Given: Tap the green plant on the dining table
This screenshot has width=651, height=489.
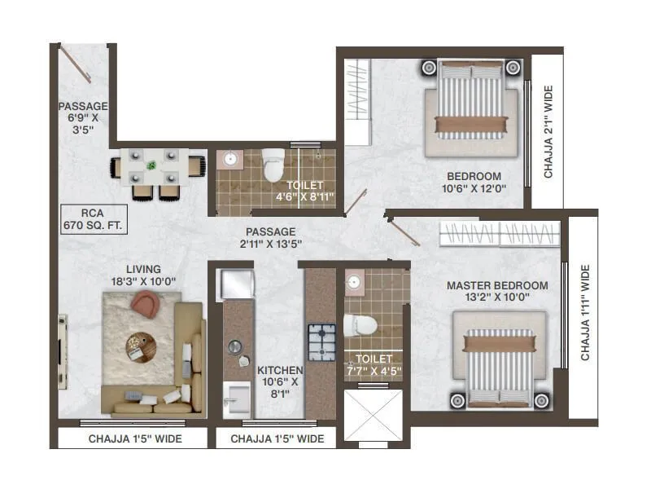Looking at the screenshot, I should (x=152, y=166).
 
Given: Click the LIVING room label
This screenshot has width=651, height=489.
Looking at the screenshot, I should (x=143, y=275).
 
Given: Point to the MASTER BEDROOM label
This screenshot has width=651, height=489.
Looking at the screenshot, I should (x=497, y=291).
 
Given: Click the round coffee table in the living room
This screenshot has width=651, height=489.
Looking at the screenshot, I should (x=139, y=346).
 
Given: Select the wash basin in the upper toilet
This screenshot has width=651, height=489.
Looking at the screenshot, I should (x=230, y=158).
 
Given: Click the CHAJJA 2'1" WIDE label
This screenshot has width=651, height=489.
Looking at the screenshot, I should (x=548, y=131).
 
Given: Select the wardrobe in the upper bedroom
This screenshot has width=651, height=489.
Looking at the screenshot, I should (x=356, y=100).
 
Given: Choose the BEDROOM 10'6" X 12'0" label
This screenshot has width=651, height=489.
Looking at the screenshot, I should (x=474, y=182).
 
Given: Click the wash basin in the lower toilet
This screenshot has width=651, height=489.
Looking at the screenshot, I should (x=354, y=283).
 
